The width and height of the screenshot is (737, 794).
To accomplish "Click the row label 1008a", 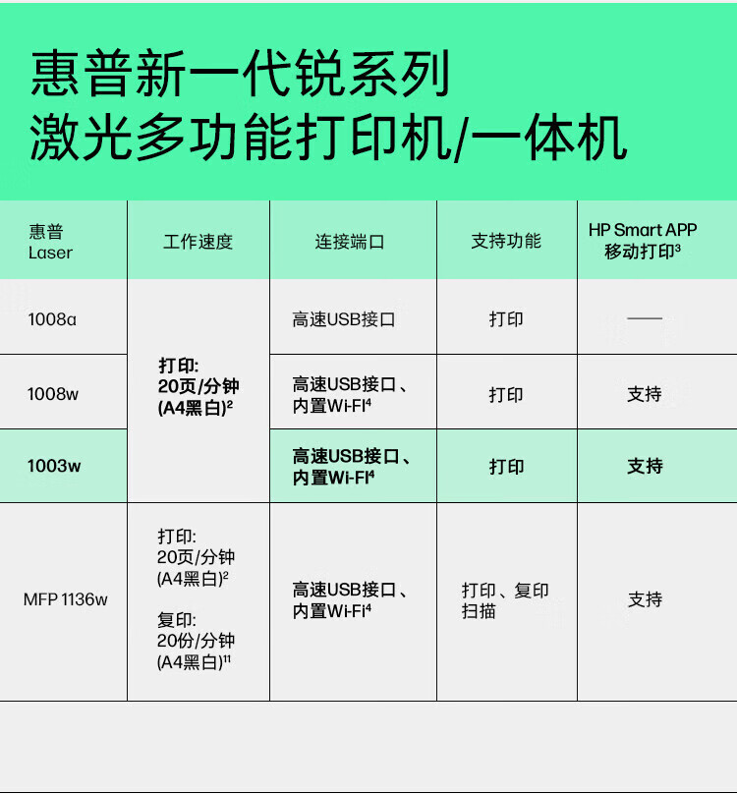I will [52, 319].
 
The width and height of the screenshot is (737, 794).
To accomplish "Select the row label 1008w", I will [53, 395].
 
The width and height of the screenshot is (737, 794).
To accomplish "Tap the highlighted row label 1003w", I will [54, 467].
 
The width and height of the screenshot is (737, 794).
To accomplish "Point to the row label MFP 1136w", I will [66, 599].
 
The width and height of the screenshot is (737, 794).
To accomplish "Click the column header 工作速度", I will [198, 242].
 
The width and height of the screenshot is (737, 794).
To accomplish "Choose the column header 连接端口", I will [350, 242].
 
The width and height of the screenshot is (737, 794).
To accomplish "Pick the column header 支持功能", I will [506, 241].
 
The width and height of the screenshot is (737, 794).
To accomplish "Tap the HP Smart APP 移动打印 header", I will [644, 241].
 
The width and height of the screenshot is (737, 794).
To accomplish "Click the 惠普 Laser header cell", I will [51, 242].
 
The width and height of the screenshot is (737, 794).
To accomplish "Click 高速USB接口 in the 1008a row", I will [343, 319].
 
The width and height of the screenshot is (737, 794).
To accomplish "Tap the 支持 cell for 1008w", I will [645, 395].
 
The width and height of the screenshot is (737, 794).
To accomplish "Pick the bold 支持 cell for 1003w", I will [645, 467].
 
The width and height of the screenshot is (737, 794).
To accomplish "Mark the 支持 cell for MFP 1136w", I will [645, 599].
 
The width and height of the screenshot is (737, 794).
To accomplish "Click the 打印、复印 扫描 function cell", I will [505, 600].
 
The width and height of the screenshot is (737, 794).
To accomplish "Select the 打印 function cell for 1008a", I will [506, 319].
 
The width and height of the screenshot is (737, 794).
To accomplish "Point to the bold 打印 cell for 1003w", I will [506, 467].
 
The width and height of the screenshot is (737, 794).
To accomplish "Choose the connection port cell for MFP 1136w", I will [350, 600].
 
